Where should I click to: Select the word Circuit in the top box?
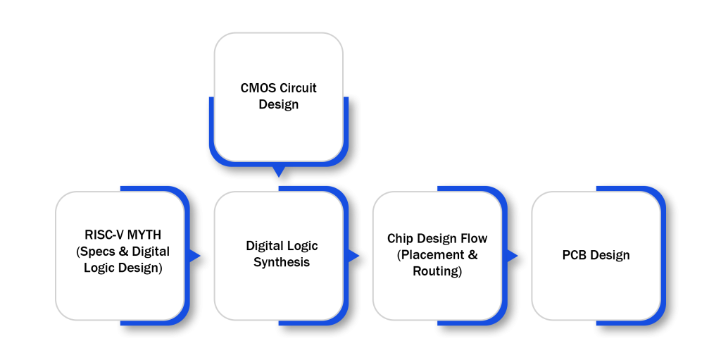coord(298,89)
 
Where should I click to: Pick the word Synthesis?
coord(282,262)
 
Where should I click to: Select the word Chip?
coord(401,239)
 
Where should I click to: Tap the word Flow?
coord(472,239)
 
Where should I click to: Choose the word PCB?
coord(575,255)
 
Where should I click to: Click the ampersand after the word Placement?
coord(472,255)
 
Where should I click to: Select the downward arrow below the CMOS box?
coord(279,171)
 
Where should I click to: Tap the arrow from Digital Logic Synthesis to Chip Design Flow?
coord(354,256)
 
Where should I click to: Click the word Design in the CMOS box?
coord(279,105)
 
